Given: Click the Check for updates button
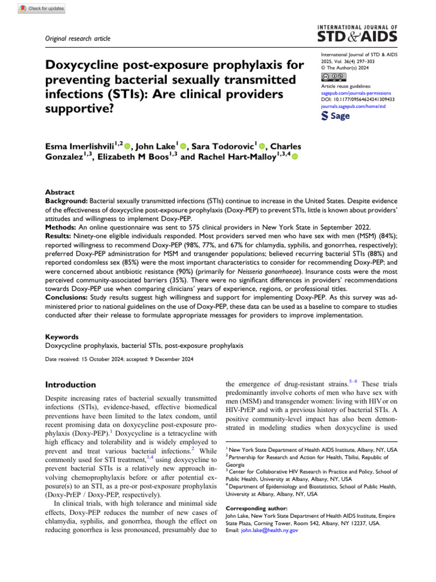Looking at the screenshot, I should [42, 9].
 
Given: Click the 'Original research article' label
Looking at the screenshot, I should [77, 39].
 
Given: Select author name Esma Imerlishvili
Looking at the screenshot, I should [81, 146].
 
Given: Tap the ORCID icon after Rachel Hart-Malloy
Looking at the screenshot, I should [295, 157].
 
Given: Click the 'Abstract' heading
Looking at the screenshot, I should [60, 193].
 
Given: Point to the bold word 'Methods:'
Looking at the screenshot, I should [62, 225].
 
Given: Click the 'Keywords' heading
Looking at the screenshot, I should [61, 336].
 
